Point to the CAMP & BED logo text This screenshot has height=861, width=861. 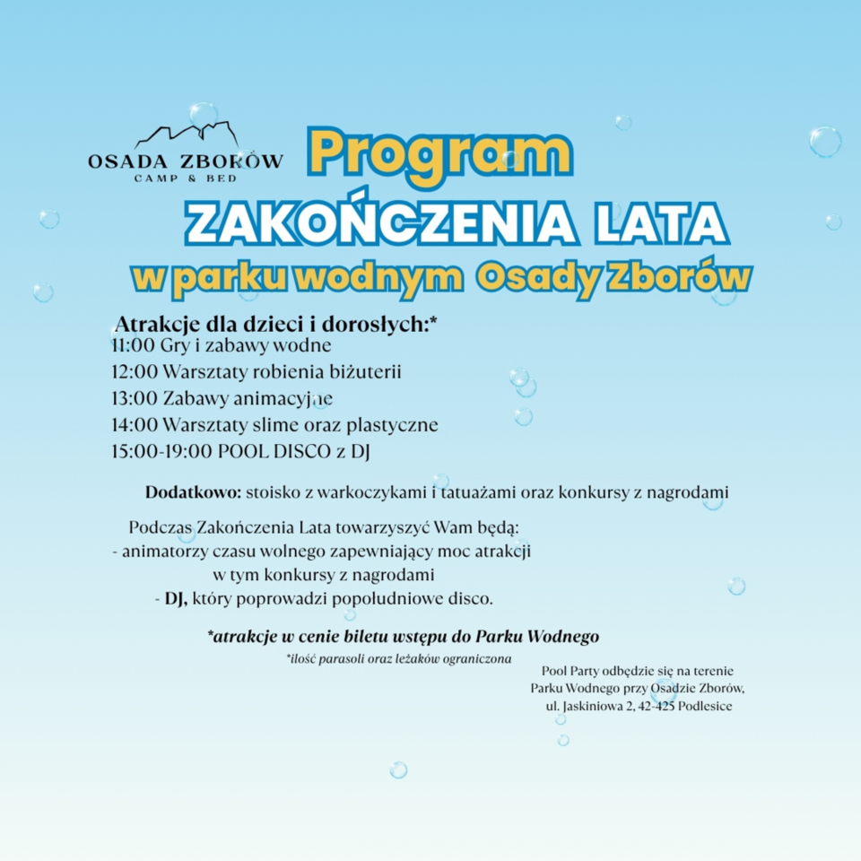pyautogui.click(x=186, y=178)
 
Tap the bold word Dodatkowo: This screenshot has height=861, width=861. pyautogui.click(x=194, y=492)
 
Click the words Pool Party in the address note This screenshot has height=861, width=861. pyautogui.click(x=572, y=670)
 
